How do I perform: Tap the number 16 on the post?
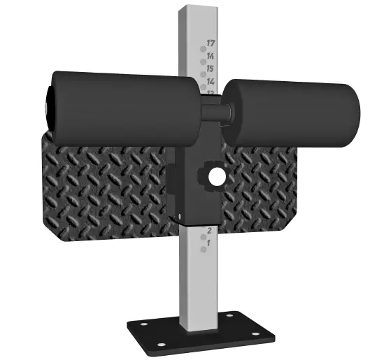[211, 56]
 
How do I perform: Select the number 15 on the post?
[211, 69]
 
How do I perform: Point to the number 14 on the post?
[211, 82]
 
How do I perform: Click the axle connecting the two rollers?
[213, 109]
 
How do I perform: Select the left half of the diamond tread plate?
[105, 185]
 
